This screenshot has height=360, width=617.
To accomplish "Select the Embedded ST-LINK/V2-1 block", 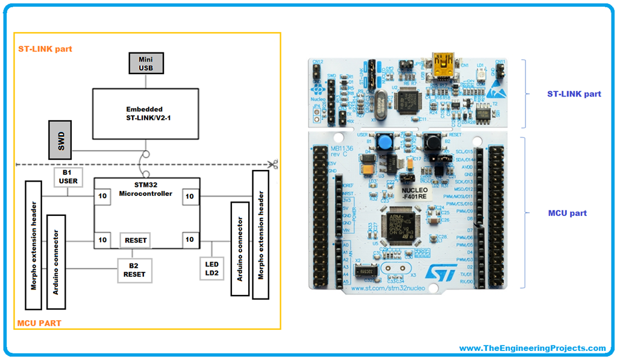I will pyautogui.click(x=145, y=113).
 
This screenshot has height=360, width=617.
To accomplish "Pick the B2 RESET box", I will pyautogui.click(x=134, y=270).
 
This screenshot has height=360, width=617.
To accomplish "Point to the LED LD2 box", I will pyautogui.click(x=212, y=270).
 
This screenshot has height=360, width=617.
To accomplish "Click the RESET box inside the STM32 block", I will pyautogui.click(x=135, y=240).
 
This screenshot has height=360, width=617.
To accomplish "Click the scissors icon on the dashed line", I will pyautogui.click(x=273, y=163).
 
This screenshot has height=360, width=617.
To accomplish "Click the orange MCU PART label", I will pyautogui.click(x=39, y=323).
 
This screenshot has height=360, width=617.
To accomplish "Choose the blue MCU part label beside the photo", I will pyautogui.click(x=567, y=213).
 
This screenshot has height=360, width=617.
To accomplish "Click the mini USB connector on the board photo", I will pyautogui.click(x=443, y=62).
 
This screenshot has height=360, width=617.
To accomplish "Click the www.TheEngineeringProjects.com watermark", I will pyautogui.click(x=532, y=348).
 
